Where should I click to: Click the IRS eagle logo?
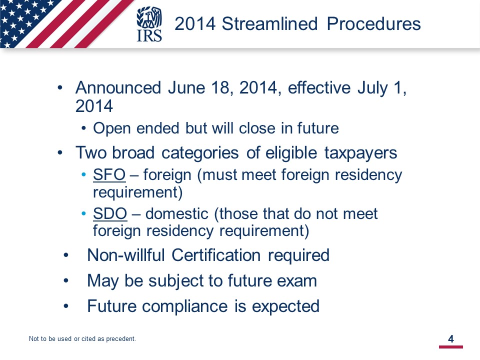pyautogui.click(x=149, y=24)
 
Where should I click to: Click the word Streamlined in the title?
pyautogui.click(x=269, y=23)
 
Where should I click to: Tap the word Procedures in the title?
pyautogui.click(x=374, y=23)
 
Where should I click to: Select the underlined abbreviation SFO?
pyautogui.click(x=109, y=175)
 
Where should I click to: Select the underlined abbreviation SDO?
pyautogui.click(x=110, y=213)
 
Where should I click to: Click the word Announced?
pyautogui.click(x=118, y=87)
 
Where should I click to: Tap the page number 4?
pyautogui.click(x=450, y=339)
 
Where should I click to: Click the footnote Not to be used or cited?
pyautogui.click(x=82, y=339)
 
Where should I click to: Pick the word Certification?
pyautogui.click(x=216, y=255)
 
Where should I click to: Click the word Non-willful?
pyautogui.click(x=126, y=255)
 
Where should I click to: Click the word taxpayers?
pyautogui.click(x=360, y=153)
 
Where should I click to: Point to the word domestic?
pyautogui.click(x=177, y=213)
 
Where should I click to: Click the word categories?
pyautogui.click(x=200, y=153)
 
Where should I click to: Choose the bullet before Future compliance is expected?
pyautogui.click(x=66, y=306)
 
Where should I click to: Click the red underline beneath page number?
pyautogui.click(x=451, y=347)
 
